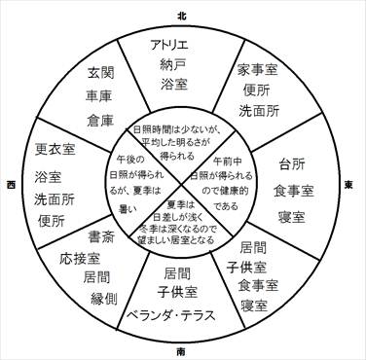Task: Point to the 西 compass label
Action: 9,182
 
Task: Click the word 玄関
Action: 100,71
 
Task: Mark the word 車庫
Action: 100,93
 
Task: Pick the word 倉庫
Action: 100,117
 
